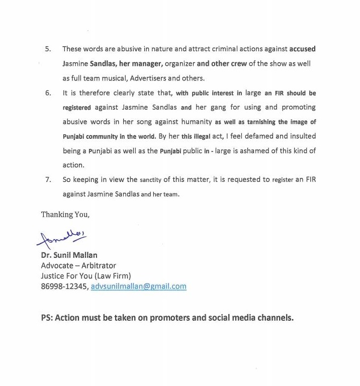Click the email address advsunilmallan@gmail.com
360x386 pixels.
139,286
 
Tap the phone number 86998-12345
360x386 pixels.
64,286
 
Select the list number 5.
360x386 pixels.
48,49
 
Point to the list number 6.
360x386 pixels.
48,93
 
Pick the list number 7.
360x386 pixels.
48,180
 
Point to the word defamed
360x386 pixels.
252,137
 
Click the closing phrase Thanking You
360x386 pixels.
65,215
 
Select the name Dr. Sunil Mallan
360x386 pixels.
69,255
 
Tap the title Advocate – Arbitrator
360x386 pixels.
78,265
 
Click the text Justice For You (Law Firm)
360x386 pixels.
85,276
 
